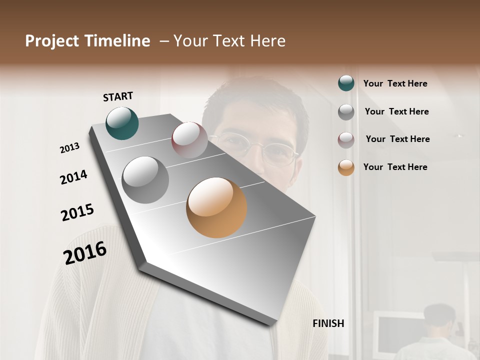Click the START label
(x=118, y=96)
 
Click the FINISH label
(x=328, y=323)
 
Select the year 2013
(x=69, y=148)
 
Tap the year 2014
(x=73, y=177)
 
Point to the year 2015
(x=77, y=212)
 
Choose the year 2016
(x=85, y=252)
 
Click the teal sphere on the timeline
(x=122, y=123)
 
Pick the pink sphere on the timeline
(x=189, y=140)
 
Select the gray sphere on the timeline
(x=145, y=179)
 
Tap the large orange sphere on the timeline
(x=216, y=207)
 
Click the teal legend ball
(x=346, y=83)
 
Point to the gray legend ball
(x=346, y=112)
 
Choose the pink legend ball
(x=346, y=140)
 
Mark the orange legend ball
(x=346, y=167)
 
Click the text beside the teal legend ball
(x=395, y=83)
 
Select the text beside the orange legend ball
(x=395, y=167)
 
